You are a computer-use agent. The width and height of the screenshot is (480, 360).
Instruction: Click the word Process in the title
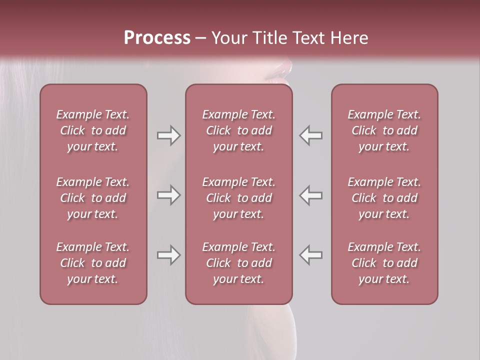pyautogui.click(x=157, y=38)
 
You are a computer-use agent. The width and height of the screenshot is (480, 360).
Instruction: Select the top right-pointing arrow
pyautogui.click(x=168, y=135)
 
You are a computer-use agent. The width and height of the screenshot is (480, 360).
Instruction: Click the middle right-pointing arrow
pyautogui.click(x=168, y=195)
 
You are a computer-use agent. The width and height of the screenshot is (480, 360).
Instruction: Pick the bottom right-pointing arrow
pyautogui.click(x=168, y=255)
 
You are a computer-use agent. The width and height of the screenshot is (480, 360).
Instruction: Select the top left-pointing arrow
pyautogui.click(x=311, y=135)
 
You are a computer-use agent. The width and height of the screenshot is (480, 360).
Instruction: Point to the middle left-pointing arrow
pyautogui.click(x=311, y=195)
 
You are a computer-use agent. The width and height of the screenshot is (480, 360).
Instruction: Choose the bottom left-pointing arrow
pyautogui.click(x=311, y=255)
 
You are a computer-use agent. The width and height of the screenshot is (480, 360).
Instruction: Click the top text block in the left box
pyautogui.click(x=93, y=130)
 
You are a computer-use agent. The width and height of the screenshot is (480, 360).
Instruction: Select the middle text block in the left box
pyautogui.click(x=93, y=198)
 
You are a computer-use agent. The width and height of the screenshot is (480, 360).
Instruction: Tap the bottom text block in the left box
pyautogui.click(x=93, y=263)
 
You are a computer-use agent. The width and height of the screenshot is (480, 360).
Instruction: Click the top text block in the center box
pyautogui.click(x=238, y=130)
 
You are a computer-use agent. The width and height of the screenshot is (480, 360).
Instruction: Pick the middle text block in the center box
pyautogui.click(x=238, y=198)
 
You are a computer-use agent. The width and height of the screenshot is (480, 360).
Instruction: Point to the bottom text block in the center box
pyautogui.click(x=238, y=263)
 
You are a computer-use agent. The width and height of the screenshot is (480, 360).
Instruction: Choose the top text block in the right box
pyautogui.click(x=384, y=130)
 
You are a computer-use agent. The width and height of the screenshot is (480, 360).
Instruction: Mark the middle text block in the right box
pyautogui.click(x=384, y=198)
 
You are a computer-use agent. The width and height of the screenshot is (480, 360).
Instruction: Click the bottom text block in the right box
pyautogui.click(x=384, y=263)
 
